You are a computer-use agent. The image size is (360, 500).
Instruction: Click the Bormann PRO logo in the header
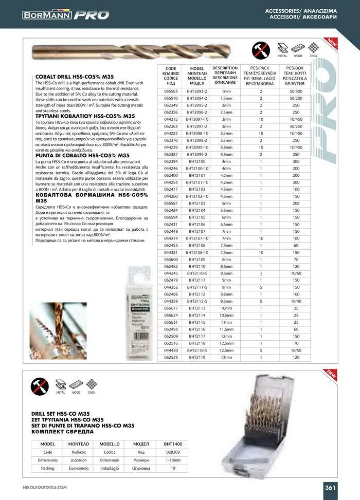pyautogui.click(x=65, y=15)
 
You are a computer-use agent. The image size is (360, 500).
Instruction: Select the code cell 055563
pyautogui.click(x=171, y=91)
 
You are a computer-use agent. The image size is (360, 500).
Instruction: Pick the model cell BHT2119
pyautogui.click(x=197, y=356)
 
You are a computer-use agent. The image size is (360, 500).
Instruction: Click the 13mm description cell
pyautogui.click(x=226, y=356)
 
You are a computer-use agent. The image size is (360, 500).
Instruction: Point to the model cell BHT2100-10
pyautogui.click(x=197, y=168)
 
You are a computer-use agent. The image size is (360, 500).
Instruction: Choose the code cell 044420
pyautogui.click(x=171, y=349)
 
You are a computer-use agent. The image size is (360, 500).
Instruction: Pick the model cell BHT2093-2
pyautogui.click(x=197, y=91)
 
